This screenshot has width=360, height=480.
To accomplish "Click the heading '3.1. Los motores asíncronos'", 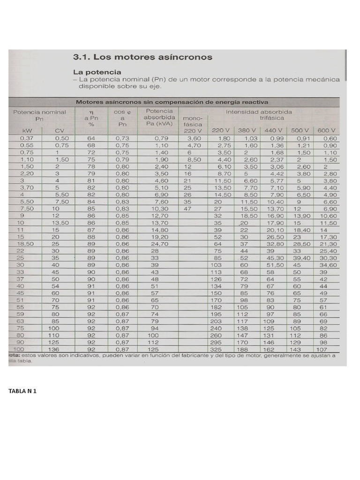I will (142, 57).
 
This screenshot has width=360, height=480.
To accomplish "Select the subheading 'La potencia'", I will (97, 72).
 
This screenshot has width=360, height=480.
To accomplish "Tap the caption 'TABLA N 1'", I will (22, 390).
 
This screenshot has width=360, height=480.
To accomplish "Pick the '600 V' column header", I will (327, 130).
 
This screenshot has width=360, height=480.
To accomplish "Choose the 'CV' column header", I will (60, 130).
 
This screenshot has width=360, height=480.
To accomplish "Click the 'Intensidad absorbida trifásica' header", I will (259, 115).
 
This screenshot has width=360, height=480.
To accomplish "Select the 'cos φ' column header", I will (122, 112).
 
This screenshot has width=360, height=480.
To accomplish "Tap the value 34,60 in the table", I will (328, 265).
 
